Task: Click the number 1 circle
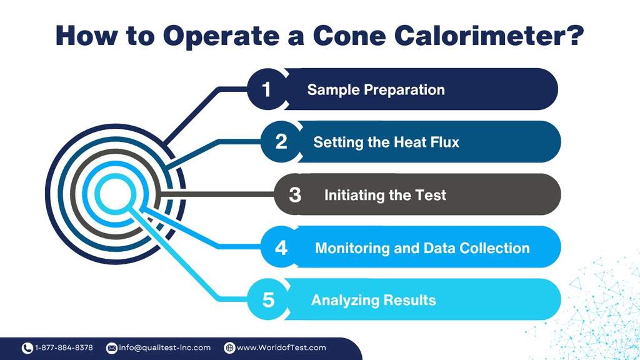click(267, 89)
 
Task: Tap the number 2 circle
click(281, 142)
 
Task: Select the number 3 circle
click(295, 195)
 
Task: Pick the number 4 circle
click(281, 247)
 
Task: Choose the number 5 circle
click(268, 300)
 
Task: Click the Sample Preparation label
click(376, 89)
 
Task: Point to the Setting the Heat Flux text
click(386, 142)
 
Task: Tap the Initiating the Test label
click(385, 195)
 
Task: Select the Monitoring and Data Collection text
click(422, 247)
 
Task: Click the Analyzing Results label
click(373, 300)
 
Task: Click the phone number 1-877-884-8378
click(64, 347)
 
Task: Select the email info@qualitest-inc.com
click(164, 347)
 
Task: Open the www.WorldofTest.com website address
click(281, 347)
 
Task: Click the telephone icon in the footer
click(27, 347)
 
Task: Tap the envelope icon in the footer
click(112, 347)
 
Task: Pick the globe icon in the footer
click(229, 347)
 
